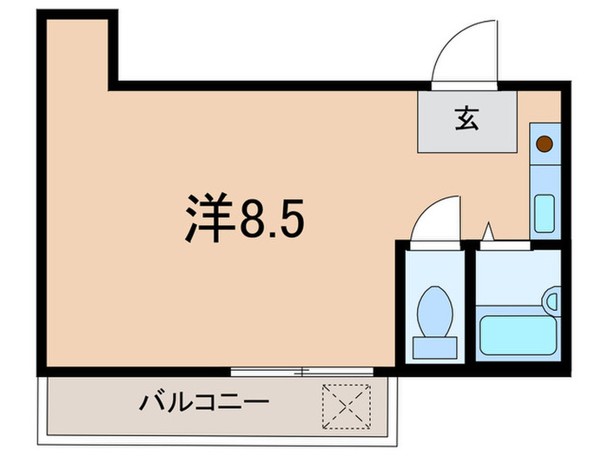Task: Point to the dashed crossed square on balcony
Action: pos(347,403)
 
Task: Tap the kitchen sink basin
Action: pos(545,213)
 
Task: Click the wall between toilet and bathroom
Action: pos(470,304)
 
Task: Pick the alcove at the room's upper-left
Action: pos(78,52)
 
